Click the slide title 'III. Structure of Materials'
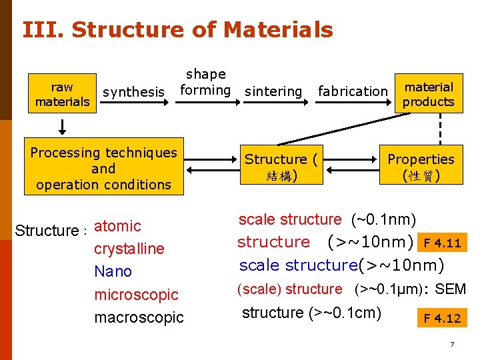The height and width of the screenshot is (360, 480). pos(177,30)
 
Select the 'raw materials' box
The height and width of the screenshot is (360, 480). pos(62,94)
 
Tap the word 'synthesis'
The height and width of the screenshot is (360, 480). pos(133,92)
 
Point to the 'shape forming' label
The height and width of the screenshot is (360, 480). pos(205,82)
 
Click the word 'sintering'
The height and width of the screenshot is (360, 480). pos(273,91)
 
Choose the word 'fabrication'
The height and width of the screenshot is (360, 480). pos(353,91)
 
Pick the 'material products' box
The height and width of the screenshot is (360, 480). pos(429,94)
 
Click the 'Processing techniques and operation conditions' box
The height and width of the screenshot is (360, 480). pos(103,169)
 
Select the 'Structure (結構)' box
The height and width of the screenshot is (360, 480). pos(281,167)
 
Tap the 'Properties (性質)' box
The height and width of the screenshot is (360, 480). pos(421,167)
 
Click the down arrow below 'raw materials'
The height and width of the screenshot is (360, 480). pos(62,125)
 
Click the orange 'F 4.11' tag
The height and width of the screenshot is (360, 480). pos(443,241)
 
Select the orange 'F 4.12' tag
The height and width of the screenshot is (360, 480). pos(442,318)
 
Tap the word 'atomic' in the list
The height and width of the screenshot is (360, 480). pos(118,226)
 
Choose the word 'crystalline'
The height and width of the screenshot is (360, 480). pos(129,249)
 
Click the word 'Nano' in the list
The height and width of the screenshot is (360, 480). pos(113,271)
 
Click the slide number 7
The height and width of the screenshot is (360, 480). pos(452,345)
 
